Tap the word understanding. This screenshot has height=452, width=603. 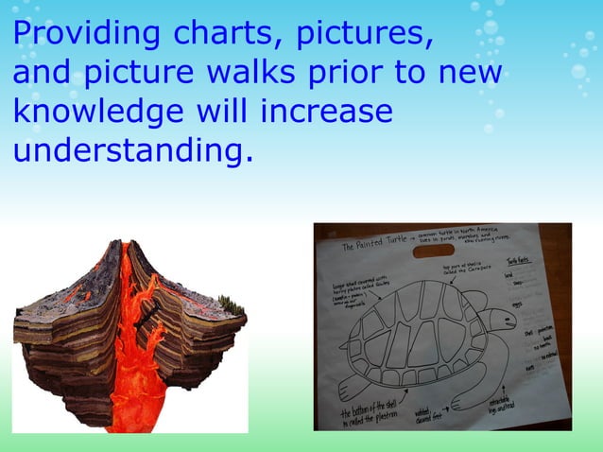[x=133, y=149]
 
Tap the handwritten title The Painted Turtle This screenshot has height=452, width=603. [x=364, y=248]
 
